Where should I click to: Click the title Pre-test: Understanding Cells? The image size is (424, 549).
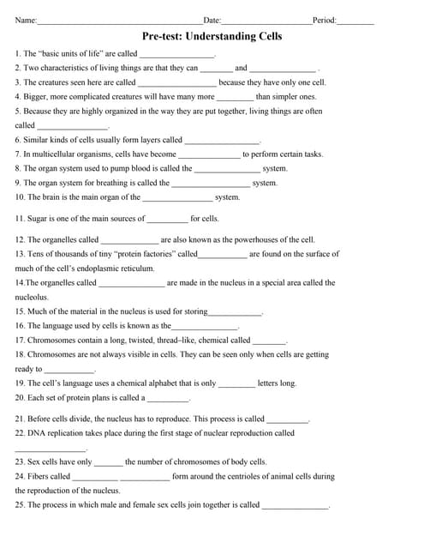click(212, 36)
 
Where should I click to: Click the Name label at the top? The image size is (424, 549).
click(26, 20)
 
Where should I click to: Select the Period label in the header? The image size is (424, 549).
click(324, 20)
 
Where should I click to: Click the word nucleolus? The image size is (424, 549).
click(31, 297)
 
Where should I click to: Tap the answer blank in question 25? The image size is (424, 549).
click(295, 506)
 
